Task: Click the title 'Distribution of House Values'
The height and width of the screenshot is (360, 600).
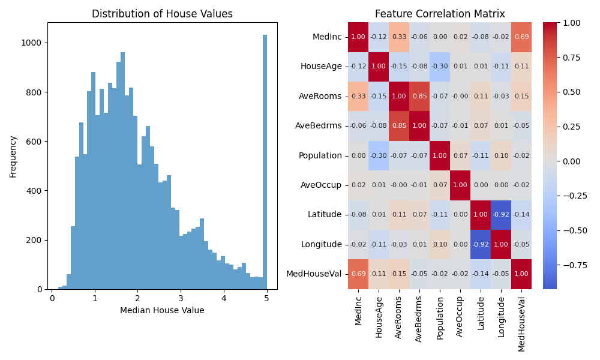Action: click(162, 14)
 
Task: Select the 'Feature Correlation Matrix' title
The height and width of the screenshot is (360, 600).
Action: click(440, 14)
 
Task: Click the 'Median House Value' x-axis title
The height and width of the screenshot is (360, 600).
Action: click(162, 310)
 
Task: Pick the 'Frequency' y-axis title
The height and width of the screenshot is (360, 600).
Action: click(13, 156)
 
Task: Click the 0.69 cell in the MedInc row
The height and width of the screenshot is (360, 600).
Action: click(522, 37)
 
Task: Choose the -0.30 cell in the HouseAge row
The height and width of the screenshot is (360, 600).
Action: click(440, 67)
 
